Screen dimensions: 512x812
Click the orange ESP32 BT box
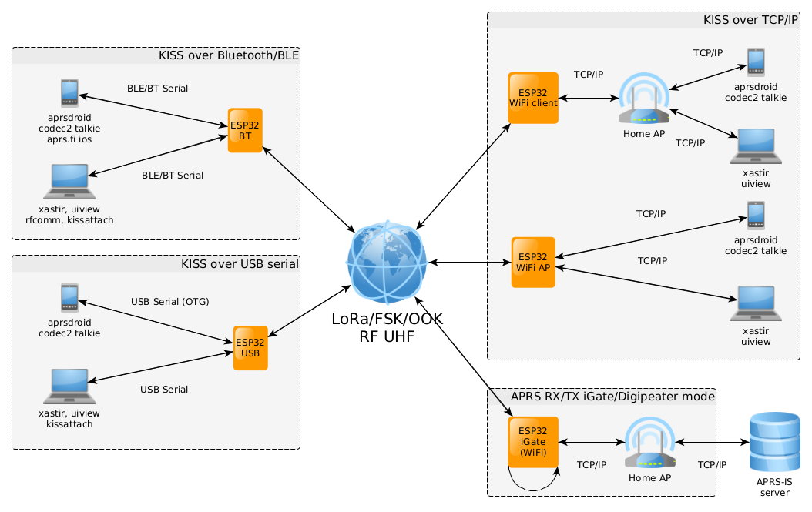246,130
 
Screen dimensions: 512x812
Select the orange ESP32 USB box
250,348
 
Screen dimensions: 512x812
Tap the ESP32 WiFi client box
533,98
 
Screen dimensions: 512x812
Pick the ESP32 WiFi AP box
533,263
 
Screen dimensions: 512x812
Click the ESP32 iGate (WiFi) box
532,441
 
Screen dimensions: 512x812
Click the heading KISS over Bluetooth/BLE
228,55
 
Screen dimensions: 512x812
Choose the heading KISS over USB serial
240,264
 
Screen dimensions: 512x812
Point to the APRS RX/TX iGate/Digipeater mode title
613,396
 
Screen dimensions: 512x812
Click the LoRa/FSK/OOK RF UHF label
387,326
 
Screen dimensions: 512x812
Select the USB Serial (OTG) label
169,301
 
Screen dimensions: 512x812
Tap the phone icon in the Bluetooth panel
69,93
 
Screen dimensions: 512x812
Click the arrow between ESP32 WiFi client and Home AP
589,99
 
